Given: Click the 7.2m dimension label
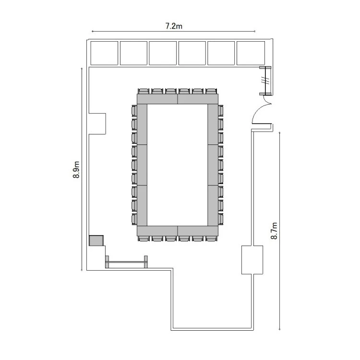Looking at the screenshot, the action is (174, 26).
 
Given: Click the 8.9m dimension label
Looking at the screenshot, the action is (76, 169).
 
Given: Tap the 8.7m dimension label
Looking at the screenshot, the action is (274, 231).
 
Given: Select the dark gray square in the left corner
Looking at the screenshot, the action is (96, 240).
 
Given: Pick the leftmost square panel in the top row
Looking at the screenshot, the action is (104, 53).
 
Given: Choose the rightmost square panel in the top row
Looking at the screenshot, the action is (251, 53).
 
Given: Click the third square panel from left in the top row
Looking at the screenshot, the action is (163, 53).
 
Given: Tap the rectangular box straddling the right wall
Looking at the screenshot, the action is (252, 260).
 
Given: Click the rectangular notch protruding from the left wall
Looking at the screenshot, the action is (97, 123).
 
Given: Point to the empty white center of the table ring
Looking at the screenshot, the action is (177, 165).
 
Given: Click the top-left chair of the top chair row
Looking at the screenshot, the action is (144, 91).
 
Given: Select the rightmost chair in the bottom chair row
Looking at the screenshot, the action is (211, 239).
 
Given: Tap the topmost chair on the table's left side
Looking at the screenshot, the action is (134, 111).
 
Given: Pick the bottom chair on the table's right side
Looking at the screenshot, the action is (220, 219).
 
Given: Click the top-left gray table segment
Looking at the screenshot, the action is (157, 99).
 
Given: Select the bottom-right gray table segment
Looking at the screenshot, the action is (198, 231).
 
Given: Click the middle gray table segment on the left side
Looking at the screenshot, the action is (142, 165).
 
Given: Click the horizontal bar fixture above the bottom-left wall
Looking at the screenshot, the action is (126, 262).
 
